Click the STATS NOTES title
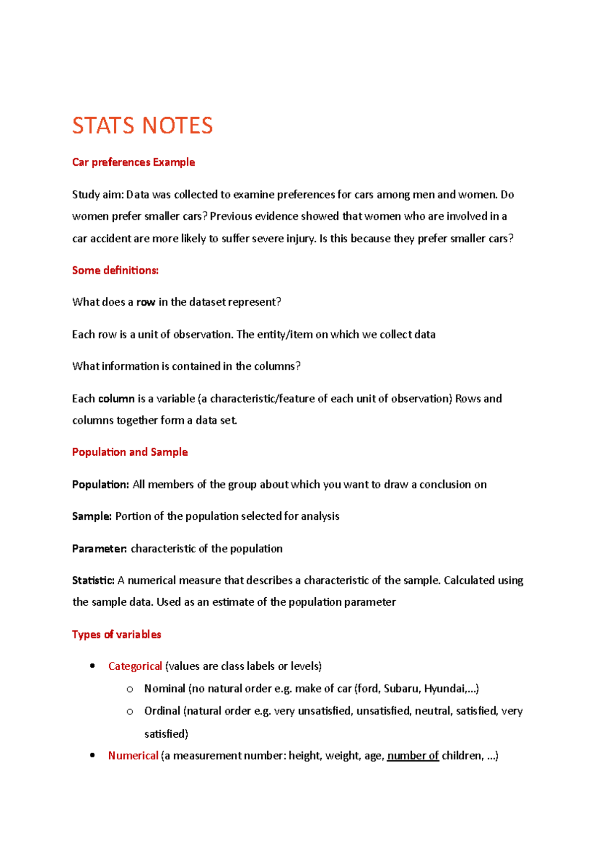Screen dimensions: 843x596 tap(143, 126)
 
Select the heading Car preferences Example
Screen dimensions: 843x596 tap(133, 162)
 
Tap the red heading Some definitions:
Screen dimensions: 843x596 tap(115, 270)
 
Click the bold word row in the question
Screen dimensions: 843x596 tap(146, 302)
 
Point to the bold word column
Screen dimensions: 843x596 tap(117, 399)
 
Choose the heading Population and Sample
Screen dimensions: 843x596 tap(130, 452)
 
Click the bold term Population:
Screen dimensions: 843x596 tap(100, 485)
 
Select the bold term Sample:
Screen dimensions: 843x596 tap(92, 516)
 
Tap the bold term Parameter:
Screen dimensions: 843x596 tap(99, 549)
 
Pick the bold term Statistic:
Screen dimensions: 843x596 tap(93, 580)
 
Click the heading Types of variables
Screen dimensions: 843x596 tap(116, 634)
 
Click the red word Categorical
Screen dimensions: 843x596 tap(135, 666)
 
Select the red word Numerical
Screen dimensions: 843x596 tap(133, 756)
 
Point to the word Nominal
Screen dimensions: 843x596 tap(164, 689)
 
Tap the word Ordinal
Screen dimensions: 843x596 tap(162, 711)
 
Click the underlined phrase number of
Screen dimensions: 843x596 tap(413, 756)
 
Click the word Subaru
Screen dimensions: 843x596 tap(401, 689)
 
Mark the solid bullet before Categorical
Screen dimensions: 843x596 tap(92, 666)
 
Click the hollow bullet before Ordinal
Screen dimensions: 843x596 tap(130, 711)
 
